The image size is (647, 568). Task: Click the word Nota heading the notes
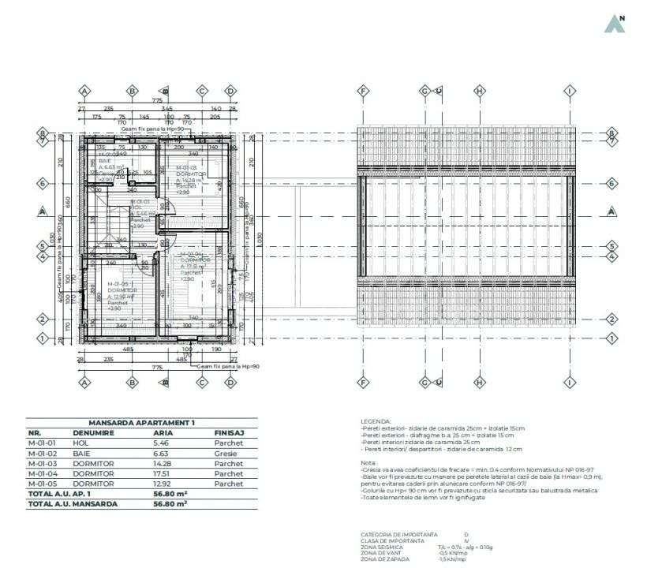(367, 462)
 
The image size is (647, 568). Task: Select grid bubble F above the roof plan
(363, 91)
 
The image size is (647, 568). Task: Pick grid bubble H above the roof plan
(479, 91)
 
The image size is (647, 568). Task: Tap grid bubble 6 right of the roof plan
(611, 182)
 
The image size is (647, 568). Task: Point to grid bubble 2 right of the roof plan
(611, 319)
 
